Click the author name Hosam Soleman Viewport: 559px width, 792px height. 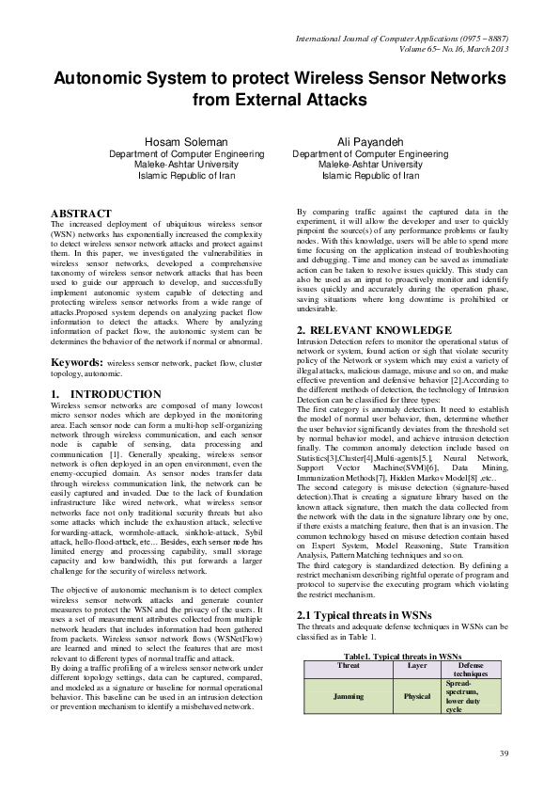coord(179,141)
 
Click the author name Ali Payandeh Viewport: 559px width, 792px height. coord(369,141)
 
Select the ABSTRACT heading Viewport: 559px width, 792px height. coord(81,214)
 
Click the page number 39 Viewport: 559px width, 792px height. coord(503,753)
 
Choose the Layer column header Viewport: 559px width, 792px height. coord(417,664)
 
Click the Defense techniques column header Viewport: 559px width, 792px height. coord(471,669)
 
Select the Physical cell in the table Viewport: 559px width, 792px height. coord(417,697)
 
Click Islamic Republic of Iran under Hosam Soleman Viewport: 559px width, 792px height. coord(179,175)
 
